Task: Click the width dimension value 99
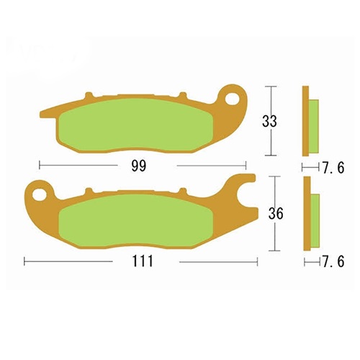pos(139,166)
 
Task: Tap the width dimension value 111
pos(143,261)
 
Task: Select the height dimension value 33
pos(269,121)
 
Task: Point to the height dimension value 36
pos(276,214)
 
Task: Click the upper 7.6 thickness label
pos(333,167)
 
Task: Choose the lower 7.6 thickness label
pos(333,261)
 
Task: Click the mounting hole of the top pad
pos(234,99)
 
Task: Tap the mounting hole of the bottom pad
pos(38,194)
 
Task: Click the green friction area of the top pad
pos(136,126)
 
